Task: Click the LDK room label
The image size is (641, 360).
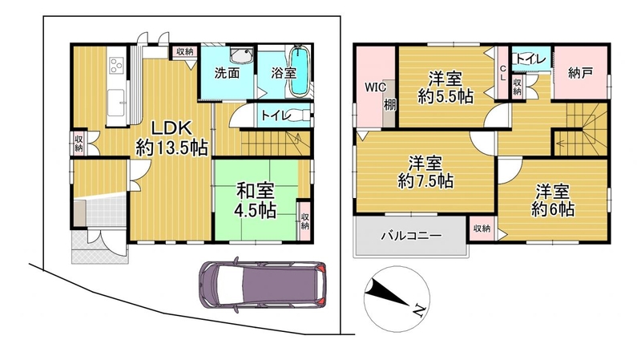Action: coord(171,138)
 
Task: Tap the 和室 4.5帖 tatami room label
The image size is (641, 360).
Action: coord(255,200)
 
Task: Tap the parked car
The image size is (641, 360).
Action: coord(263,283)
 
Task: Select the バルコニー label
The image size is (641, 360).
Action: coord(411,236)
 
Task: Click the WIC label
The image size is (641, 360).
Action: coord(375,87)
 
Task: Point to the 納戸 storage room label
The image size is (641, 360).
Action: coord(580,73)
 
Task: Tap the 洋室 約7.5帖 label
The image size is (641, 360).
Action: coord(425,172)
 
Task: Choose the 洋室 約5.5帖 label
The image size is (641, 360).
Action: coord(445,87)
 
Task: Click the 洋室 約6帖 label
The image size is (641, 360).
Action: coord(553,200)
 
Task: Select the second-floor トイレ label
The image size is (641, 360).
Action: coord(531,59)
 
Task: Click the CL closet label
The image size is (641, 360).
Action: coord(503,72)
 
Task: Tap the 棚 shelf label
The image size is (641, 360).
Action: coord(389,105)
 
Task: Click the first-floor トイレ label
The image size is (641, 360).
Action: coord(276,115)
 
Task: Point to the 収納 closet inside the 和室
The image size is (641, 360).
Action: coord(305,221)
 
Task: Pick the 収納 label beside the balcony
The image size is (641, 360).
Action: coord(482,229)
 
